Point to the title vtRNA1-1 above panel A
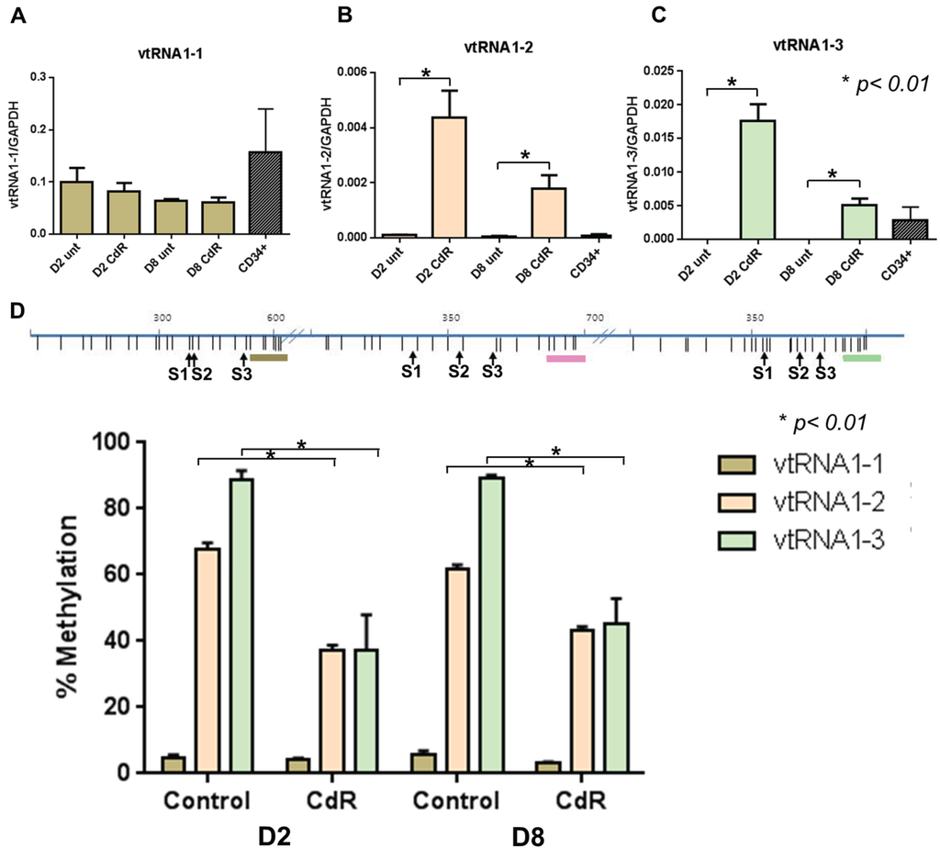[x=152, y=54]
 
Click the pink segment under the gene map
[x=565, y=359]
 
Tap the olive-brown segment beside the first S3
[x=269, y=357]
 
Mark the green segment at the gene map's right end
[x=862, y=357]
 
